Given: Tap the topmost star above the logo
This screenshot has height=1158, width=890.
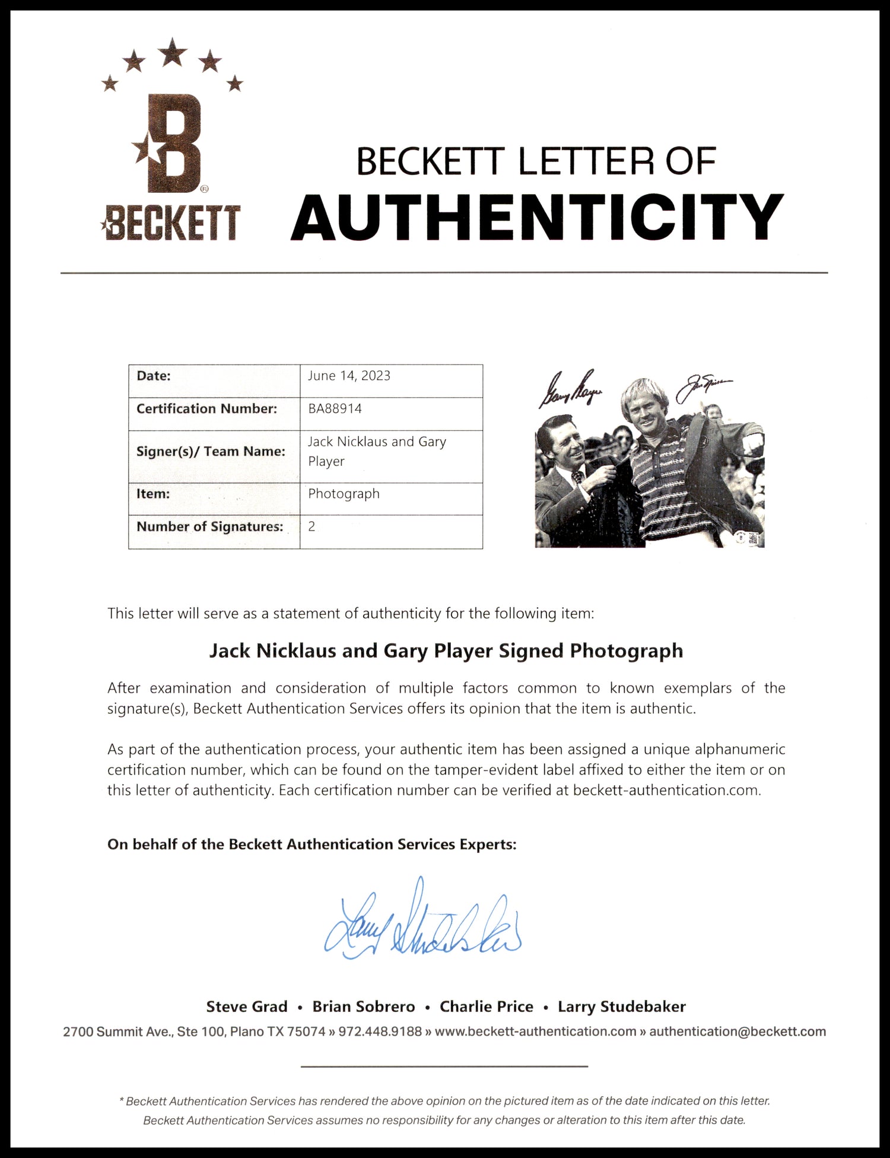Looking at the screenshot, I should pos(173,52).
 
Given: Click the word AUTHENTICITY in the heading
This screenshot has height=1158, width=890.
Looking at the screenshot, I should pos(537,218).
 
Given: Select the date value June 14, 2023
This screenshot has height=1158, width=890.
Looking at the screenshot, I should pos(349,376).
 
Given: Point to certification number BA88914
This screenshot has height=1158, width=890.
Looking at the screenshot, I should pos(335,408).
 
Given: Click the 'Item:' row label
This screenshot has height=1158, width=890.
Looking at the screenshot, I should pos(153,494).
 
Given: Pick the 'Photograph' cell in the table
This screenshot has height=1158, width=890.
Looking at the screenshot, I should pos(344,494).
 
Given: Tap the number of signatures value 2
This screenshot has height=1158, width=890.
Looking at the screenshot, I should pos(311,526).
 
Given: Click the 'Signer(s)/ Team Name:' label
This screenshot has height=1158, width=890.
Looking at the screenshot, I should pos(211,451).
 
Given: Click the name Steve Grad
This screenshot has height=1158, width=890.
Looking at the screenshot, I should pos(247,1007).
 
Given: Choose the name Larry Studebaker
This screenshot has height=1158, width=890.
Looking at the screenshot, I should pos(621,1007).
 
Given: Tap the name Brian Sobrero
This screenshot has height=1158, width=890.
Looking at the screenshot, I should pos(364,1007).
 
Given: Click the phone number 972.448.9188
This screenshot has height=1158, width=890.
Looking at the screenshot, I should pos(380,1032).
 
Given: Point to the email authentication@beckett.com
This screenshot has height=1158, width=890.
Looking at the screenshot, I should pos(738,1032).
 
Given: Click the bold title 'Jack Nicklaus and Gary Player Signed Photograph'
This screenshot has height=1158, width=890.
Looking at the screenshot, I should pos(446,651).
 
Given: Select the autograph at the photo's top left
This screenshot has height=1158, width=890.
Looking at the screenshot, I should pos(570,389).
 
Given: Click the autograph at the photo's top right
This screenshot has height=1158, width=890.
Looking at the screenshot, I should pos(705,388).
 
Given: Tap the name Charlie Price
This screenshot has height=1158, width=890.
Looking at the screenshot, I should pos(486,1007).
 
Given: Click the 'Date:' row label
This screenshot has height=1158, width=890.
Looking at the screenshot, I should pos(154,376).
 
